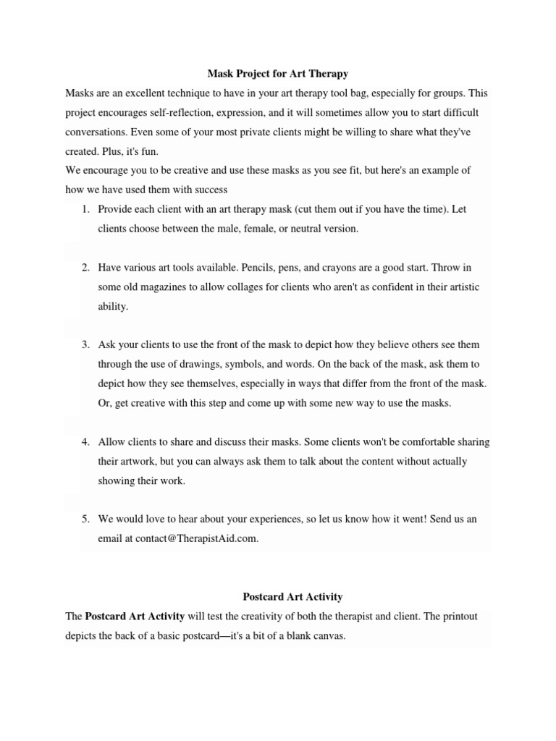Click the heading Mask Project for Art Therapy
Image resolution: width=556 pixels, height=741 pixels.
point(278,74)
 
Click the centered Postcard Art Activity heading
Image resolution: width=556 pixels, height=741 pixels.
point(292,597)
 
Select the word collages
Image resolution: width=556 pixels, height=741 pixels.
point(250,287)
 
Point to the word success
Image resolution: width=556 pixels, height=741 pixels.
point(210,190)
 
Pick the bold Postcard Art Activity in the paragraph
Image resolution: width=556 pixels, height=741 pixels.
point(134,616)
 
